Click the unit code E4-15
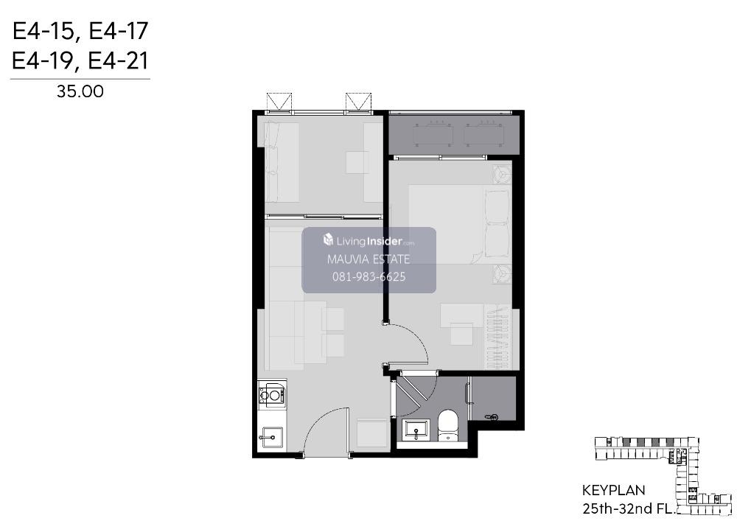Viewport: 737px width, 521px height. point(43,32)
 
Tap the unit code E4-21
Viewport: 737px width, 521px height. point(118,61)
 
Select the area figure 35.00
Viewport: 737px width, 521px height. point(80,91)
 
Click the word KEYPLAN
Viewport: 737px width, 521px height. point(613,491)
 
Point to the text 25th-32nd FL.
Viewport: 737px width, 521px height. point(629,508)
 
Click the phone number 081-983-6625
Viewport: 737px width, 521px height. point(369,276)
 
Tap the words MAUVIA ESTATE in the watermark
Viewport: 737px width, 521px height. point(368,259)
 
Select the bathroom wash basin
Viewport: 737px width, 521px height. point(416,430)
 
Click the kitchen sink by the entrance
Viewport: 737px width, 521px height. point(270,438)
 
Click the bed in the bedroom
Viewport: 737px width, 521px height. point(458,224)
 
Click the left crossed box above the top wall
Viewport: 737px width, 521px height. point(279,102)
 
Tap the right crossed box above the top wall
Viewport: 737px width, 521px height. point(359,102)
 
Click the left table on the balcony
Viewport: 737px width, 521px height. point(433,135)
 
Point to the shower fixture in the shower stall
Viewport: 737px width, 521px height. point(492,416)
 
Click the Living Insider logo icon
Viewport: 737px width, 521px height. point(328,240)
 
